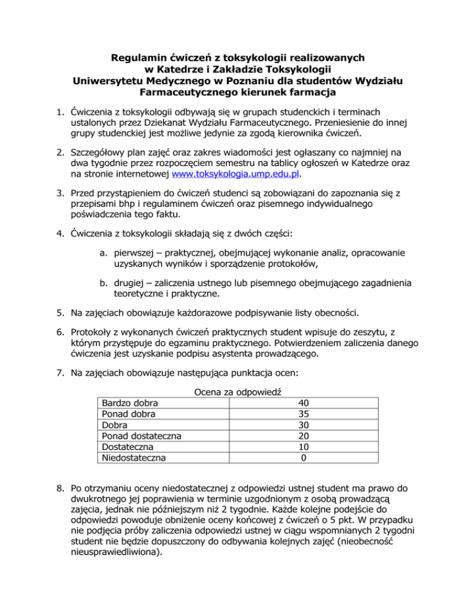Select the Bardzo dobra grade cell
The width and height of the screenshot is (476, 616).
point(130,403)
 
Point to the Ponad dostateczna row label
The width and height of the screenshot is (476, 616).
point(141,436)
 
